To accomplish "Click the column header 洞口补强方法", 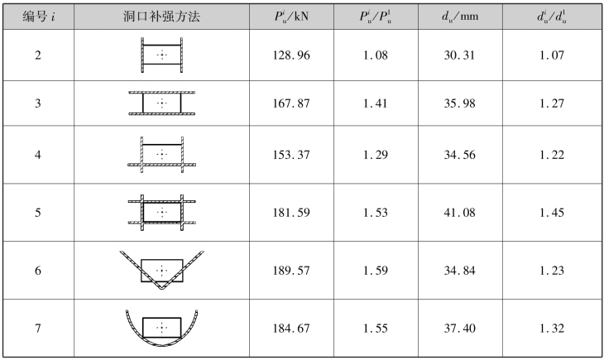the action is [162, 17].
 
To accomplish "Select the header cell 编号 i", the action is [39, 17].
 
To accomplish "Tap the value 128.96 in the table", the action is [291, 55].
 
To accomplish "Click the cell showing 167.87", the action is [291, 103].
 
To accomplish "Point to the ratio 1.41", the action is [376, 103].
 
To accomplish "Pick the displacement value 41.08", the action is [459, 213].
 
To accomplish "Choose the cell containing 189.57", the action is [291, 270].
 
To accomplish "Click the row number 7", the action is [38, 328].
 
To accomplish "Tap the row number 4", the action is [38, 155].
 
